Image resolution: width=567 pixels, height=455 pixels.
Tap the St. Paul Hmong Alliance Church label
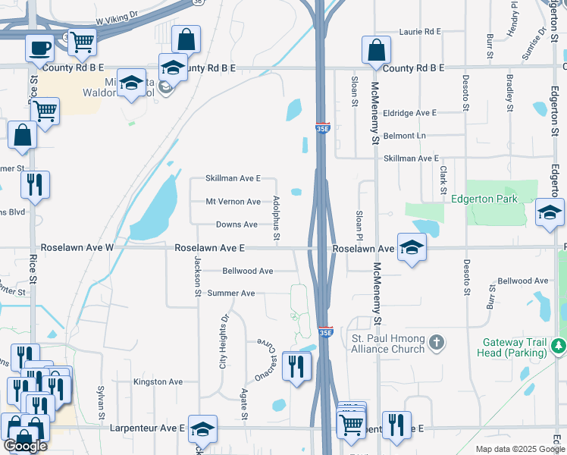[386, 343]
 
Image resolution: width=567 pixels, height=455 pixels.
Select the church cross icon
[436, 344]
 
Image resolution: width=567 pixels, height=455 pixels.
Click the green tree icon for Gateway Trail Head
[559, 345]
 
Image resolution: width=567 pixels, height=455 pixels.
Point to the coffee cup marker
[40, 48]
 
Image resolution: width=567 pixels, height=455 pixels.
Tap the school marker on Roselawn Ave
[412, 247]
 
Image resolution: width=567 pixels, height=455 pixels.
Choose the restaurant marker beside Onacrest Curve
[293, 367]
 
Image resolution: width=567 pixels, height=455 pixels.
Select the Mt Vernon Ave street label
[233, 202]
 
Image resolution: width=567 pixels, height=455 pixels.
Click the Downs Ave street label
[237, 224]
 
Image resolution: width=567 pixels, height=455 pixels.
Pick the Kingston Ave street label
[158, 381]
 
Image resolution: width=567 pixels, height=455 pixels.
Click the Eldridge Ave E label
[410, 113]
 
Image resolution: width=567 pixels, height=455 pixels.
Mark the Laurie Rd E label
[420, 32]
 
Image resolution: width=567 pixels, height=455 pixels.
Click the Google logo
[25, 446]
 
